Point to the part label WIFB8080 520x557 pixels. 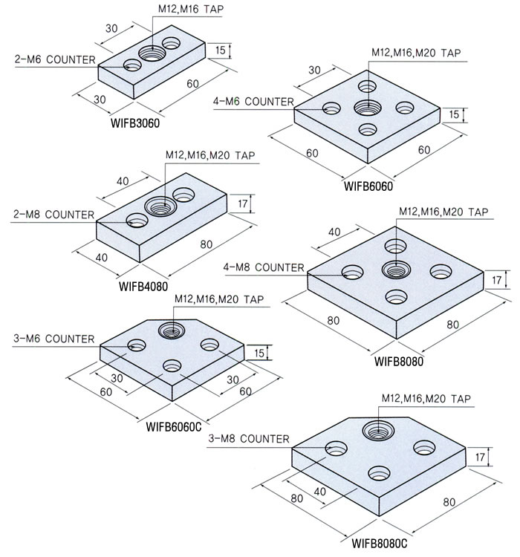[399, 362]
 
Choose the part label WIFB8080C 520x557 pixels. [380, 544]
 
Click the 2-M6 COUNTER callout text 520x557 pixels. [54, 59]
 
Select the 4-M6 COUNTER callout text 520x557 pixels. [253, 102]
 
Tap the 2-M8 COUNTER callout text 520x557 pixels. [54, 215]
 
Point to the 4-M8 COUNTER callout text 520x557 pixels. [264, 267]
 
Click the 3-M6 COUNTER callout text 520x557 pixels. [54, 339]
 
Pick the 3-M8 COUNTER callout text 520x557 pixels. [248, 439]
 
